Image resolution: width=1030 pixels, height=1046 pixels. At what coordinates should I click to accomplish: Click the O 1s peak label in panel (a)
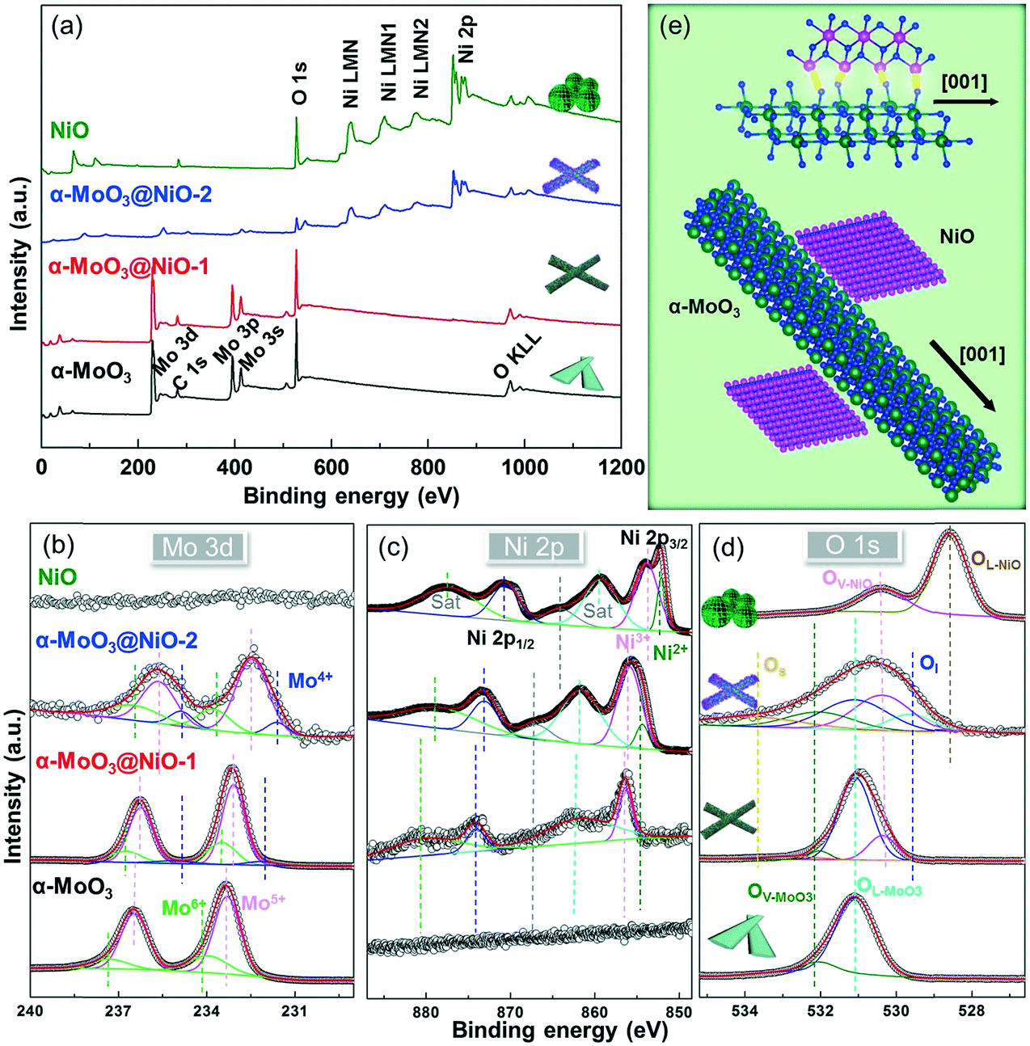[x=299, y=85]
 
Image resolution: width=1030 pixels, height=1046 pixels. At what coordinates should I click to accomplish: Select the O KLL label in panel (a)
[x=517, y=356]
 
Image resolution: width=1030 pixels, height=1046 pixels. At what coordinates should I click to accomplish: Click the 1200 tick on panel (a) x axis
[x=620, y=467]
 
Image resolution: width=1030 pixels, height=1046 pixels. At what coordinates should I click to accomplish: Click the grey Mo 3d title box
[x=197, y=547]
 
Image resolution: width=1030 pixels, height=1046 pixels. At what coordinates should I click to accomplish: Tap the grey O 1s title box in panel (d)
[x=851, y=545]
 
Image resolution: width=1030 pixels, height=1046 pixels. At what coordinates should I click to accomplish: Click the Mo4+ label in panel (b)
[x=310, y=681]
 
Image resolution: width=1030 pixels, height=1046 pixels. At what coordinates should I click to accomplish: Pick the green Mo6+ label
[x=184, y=907]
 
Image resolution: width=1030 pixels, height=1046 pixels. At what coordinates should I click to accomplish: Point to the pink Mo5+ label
[x=264, y=903]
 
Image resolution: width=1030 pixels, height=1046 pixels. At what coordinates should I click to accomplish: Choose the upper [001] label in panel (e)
[x=964, y=82]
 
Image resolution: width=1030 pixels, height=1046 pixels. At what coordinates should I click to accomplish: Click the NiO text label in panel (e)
[x=956, y=237]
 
